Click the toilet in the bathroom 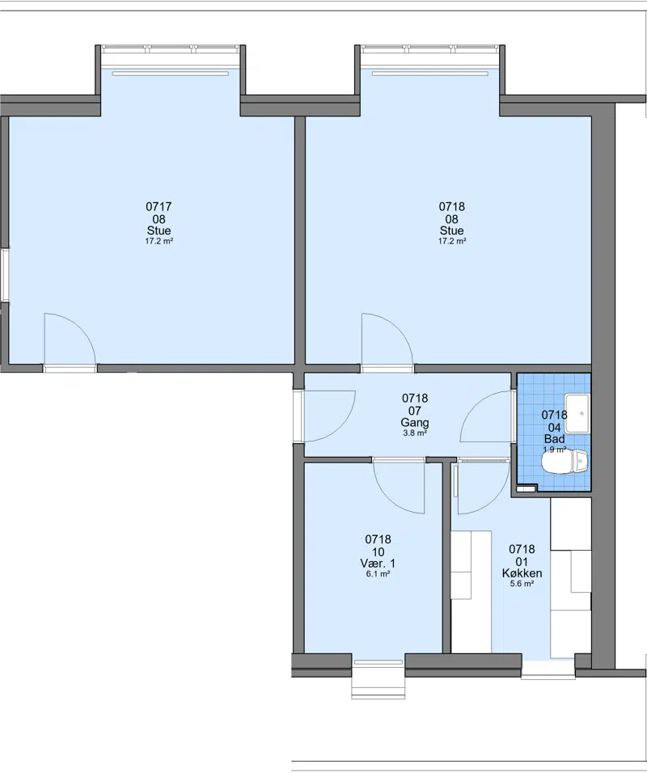565,462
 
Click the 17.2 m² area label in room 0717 159,241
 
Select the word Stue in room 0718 452,230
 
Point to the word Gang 415,423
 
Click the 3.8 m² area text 415,433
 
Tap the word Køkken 522,572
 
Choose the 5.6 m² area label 522,584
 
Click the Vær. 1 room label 378,563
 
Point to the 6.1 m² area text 378,574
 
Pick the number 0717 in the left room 159,206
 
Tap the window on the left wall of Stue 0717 4,275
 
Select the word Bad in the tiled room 554,439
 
